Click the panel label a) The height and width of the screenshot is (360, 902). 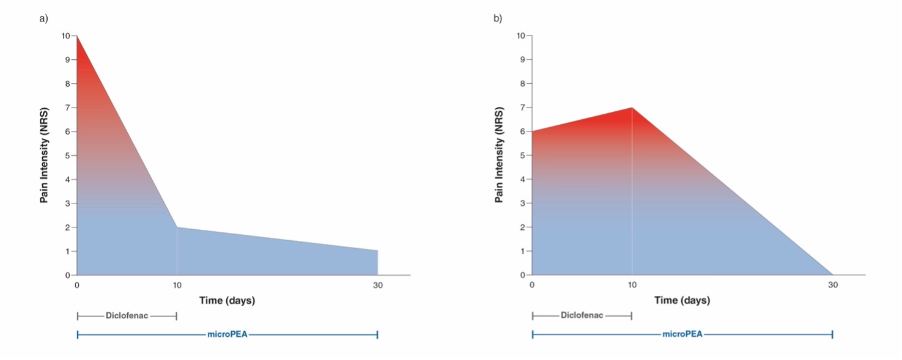(x=43, y=18)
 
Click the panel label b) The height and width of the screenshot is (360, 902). (x=498, y=18)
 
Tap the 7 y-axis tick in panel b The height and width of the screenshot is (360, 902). (x=522, y=108)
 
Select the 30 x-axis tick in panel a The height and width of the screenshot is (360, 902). (x=378, y=285)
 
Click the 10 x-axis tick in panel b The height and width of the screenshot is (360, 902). (x=632, y=285)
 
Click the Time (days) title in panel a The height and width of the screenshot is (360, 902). (x=227, y=301)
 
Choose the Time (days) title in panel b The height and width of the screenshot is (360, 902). (x=682, y=301)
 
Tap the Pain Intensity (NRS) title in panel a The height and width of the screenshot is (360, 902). (x=44, y=155)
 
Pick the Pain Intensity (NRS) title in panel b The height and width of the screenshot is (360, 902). (x=499, y=155)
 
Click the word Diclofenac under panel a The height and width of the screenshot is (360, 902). (x=127, y=316)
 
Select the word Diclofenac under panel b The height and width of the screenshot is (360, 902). (x=582, y=316)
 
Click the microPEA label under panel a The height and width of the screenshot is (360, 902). (x=227, y=335)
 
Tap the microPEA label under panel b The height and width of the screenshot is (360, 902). (x=682, y=335)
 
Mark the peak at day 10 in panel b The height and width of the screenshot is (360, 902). (x=632, y=108)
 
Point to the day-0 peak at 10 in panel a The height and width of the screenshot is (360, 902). (x=77, y=36)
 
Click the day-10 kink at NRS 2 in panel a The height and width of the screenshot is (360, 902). (x=177, y=227)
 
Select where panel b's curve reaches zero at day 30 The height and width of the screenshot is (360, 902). (x=832, y=275)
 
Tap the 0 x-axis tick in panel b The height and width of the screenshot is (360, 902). (x=532, y=285)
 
